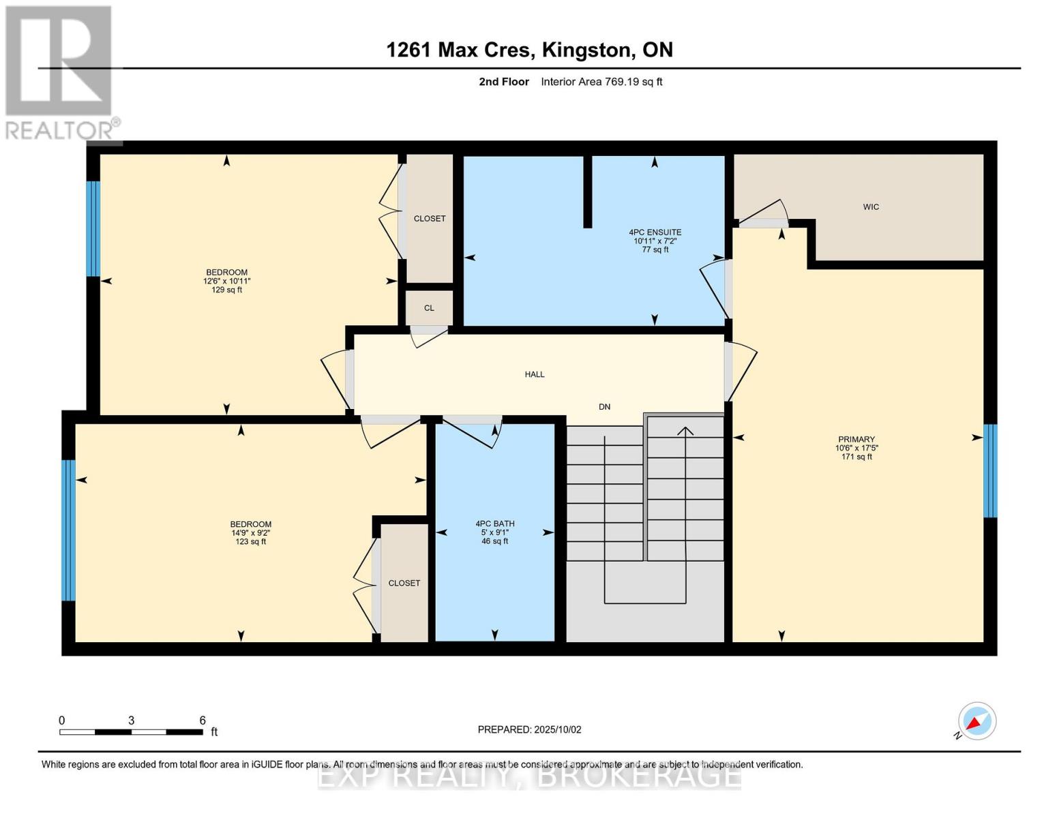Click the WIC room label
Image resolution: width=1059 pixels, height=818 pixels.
pos(870,207)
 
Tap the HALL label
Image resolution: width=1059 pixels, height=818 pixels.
pos(534,374)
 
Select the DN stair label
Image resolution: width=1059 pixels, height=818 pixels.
pos(604,407)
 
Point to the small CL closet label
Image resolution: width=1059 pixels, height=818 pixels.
pos(429,308)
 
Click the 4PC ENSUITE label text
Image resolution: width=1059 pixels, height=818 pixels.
pos(655,232)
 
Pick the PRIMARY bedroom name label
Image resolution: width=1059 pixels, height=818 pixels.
pos(856,439)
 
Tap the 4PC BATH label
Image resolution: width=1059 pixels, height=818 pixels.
pos(494,524)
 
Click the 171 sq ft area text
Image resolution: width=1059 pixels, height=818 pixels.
pos(856,457)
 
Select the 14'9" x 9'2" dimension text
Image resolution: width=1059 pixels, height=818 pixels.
pos(250,533)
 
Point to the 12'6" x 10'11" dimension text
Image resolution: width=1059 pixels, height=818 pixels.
pos(226,281)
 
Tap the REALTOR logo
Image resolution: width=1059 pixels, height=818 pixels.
pos(59,73)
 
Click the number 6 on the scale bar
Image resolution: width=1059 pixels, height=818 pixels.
pos(203,720)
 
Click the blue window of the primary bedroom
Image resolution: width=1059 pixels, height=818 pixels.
pos(990,470)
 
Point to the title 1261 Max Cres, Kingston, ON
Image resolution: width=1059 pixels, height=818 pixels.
pos(529,50)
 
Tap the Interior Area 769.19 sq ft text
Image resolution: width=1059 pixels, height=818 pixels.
pos(601,82)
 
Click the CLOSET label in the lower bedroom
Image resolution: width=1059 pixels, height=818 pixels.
pos(404,584)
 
